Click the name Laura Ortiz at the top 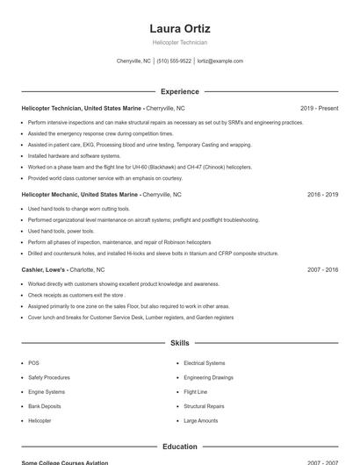180,29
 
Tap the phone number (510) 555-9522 174,61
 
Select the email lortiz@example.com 220,61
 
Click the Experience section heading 180,91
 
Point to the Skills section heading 180,343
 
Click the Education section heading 180,447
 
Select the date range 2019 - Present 319,108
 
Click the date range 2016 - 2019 320,194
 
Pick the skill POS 33,362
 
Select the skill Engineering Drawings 209,377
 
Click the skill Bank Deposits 45,406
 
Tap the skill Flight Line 196,391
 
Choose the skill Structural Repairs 204,406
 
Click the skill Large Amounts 201,421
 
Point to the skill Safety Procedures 49,377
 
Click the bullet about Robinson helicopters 119,241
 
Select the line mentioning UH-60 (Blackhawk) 127,166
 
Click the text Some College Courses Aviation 65,462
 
